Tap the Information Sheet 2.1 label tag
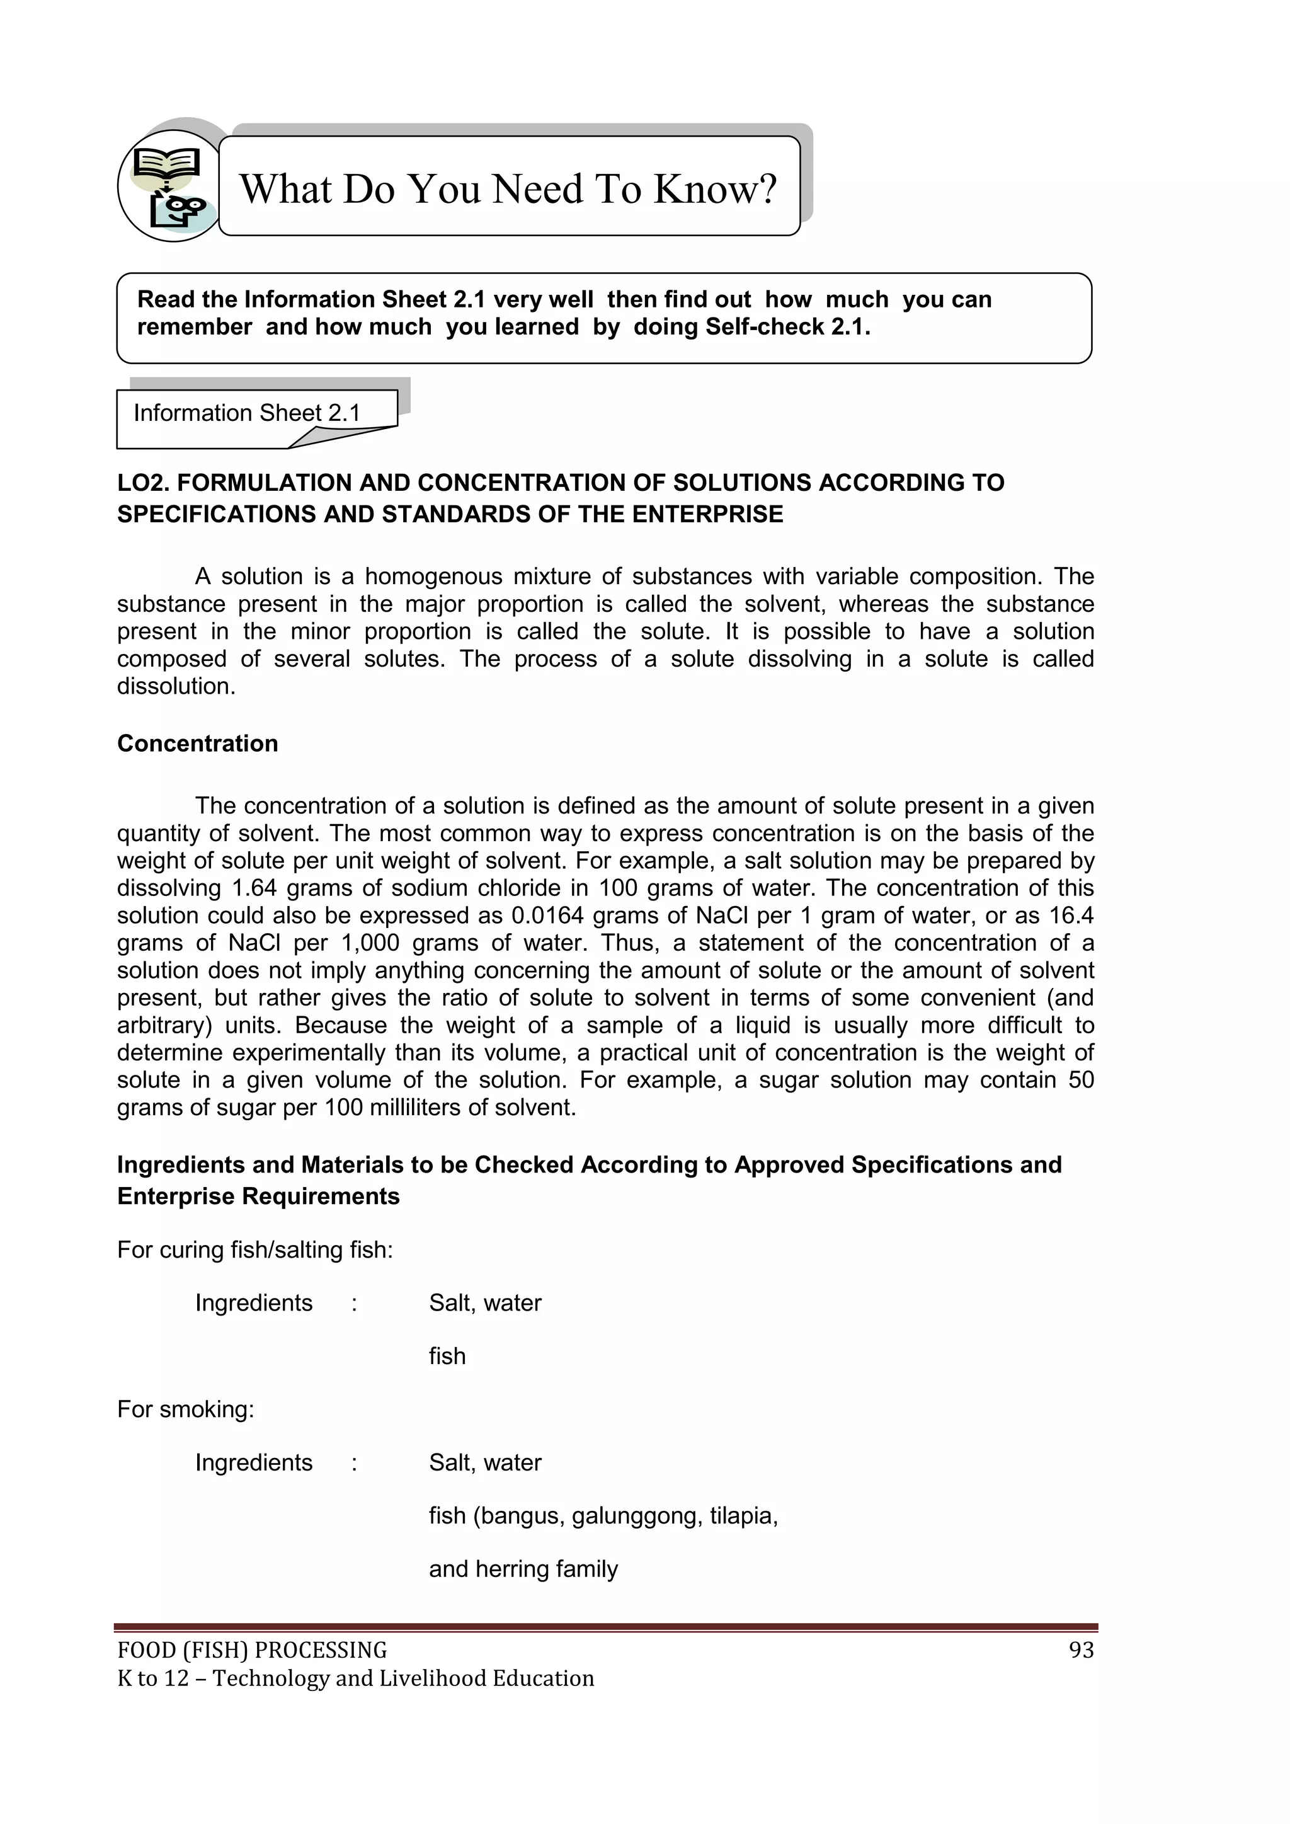click(246, 413)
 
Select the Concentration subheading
click(198, 743)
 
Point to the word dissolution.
click(176, 686)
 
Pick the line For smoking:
click(186, 1409)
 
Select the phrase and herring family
click(523, 1569)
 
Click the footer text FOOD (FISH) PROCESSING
click(252, 1650)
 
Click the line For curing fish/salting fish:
click(255, 1251)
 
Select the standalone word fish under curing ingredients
click(447, 1356)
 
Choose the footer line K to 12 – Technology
click(355, 1678)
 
